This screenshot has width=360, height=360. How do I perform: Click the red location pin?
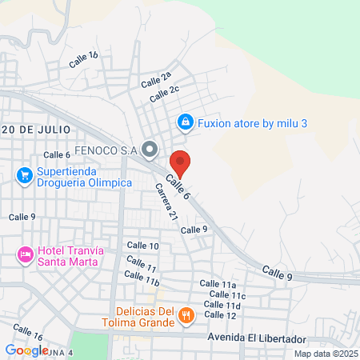[x=180, y=162]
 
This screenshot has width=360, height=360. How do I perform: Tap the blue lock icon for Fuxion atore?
[x=185, y=122]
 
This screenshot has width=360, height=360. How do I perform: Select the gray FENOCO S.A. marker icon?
[x=149, y=149]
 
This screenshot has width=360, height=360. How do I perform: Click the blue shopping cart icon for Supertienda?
[x=24, y=174]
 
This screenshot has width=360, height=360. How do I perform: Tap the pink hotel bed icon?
[x=24, y=255]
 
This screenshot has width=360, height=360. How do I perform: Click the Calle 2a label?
[x=156, y=80]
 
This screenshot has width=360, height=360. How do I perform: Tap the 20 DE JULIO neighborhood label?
[x=37, y=129]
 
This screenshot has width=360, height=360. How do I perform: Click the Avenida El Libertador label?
[x=250, y=338]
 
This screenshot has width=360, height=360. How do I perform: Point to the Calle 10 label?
[x=142, y=246]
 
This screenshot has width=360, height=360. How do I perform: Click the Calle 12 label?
[x=220, y=315]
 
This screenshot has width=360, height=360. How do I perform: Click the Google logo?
[x=26, y=350]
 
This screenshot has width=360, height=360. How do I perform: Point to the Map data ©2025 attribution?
[x=325, y=354]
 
